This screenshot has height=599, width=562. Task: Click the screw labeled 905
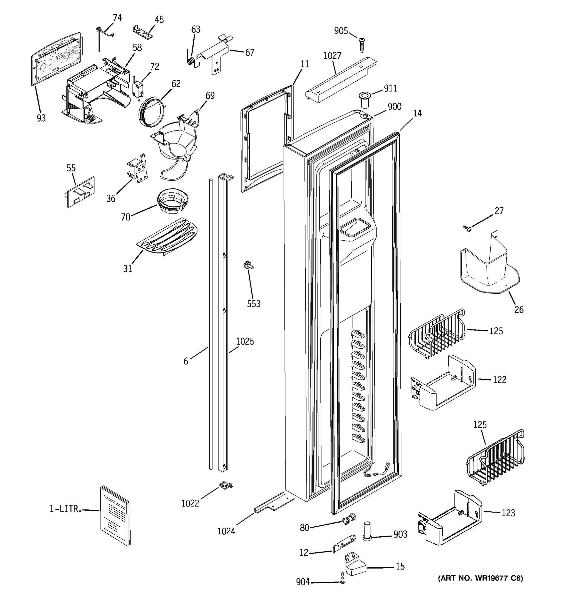(362, 45)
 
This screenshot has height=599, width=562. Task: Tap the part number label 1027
(332, 56)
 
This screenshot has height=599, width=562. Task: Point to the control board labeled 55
(80, 192)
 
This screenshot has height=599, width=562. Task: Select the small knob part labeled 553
(248, 265)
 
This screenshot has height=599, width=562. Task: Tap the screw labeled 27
(467, 229)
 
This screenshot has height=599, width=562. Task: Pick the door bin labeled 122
(443, 383)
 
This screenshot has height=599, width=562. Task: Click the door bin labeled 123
(449, 518)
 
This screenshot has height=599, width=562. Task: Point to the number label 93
(41, 118)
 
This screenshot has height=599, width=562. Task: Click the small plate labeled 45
(143, 32)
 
